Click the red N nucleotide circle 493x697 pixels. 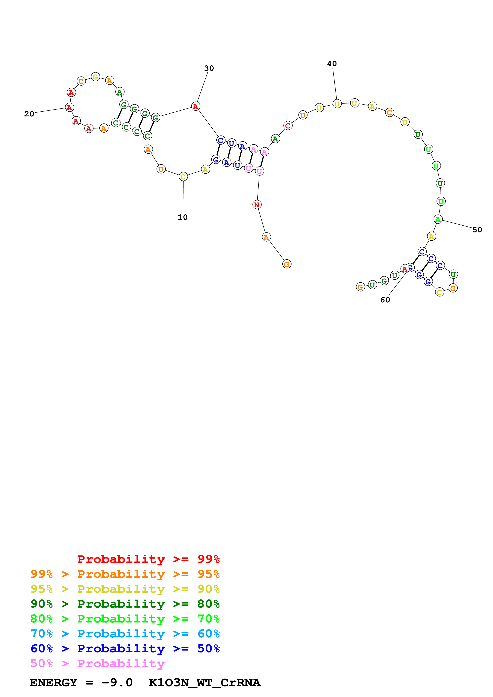[257, 205]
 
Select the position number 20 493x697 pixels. [29, 114]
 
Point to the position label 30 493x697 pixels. [209, 68]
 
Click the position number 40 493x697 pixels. [332, 64]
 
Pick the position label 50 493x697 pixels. [477, 230]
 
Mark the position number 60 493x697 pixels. [385, 300]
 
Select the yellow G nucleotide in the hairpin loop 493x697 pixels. [95, 77]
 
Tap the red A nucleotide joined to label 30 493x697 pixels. [195, 106]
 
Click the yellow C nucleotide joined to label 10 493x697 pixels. [183, 177]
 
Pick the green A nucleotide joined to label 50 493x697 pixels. [438, 219]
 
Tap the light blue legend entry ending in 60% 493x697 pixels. [125, 634]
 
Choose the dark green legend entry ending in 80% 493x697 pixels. [125, 604]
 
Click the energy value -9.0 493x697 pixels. [117, 682]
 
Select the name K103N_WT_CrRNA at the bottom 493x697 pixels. [204, 682]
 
